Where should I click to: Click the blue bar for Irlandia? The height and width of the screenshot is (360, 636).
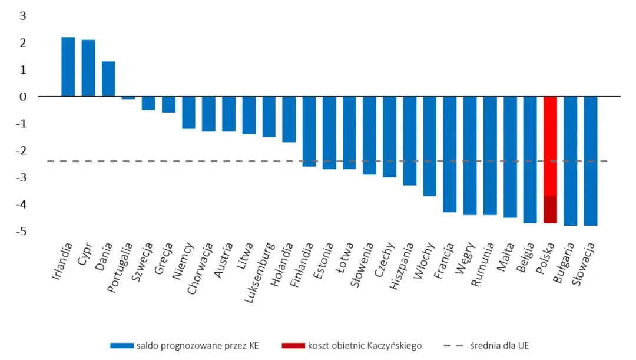(68, 67)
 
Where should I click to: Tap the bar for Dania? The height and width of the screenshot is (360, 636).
(108, 78)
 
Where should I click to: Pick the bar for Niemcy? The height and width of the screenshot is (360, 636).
(188, 112)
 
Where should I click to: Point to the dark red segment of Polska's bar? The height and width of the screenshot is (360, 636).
(550, 209)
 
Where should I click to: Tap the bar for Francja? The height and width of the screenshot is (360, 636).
(449, 154)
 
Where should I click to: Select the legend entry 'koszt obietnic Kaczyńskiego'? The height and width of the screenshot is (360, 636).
(360, 345)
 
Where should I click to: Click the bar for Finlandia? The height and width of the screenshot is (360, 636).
(309, 131)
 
